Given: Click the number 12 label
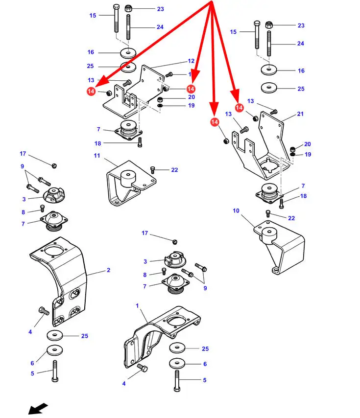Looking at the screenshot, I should pos(191,61).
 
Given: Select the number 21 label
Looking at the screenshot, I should pos(300,114).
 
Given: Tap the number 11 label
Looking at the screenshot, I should pos(97,156).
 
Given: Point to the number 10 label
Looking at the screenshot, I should pos(236,211).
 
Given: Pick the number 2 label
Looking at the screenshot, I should pos(108,270).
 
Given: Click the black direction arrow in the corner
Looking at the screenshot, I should pos(38,408).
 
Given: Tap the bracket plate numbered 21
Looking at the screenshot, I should pos(262,147).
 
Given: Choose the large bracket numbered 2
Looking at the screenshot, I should pos(59,279).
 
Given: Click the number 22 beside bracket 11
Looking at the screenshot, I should pos(174,170).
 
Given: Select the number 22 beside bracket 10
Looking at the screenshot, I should pos(291,218).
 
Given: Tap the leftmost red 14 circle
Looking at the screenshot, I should pos(91,91).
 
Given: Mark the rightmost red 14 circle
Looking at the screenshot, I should pos(239,107).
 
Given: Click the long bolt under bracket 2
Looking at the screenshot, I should pos(55,373).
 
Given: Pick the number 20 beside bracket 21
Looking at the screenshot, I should pos(307,144).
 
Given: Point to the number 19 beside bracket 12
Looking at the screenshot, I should pos(191,105).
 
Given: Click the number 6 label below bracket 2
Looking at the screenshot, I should pos(32,363).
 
